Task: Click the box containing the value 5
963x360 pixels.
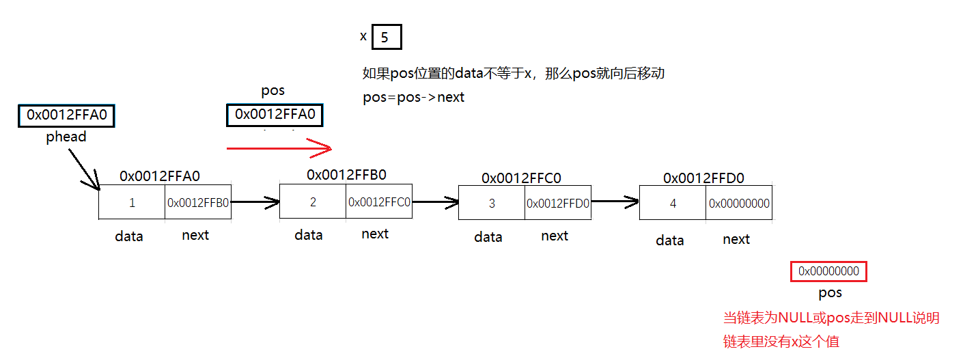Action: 387,37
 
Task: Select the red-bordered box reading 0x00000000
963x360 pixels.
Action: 828,272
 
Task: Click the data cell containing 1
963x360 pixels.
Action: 132,203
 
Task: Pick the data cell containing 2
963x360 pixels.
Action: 313,202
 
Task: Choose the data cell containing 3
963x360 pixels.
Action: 492,204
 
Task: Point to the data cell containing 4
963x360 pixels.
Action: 673,204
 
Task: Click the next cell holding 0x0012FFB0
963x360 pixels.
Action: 198,203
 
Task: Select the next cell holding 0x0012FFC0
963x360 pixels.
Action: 379,202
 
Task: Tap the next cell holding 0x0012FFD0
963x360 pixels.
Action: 558,204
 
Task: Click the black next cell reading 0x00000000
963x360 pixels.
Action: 739,204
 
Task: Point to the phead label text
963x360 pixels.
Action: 66,137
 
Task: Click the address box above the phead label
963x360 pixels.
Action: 66,115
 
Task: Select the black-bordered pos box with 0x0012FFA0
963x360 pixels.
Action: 275,115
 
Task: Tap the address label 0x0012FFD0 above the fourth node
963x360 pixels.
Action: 703,178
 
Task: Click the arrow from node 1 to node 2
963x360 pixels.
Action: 255,202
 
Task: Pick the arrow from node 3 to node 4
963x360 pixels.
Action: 615,202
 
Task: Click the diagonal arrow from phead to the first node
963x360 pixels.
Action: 83,168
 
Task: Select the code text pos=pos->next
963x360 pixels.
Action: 414,97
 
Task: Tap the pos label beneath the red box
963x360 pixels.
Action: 830,293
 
